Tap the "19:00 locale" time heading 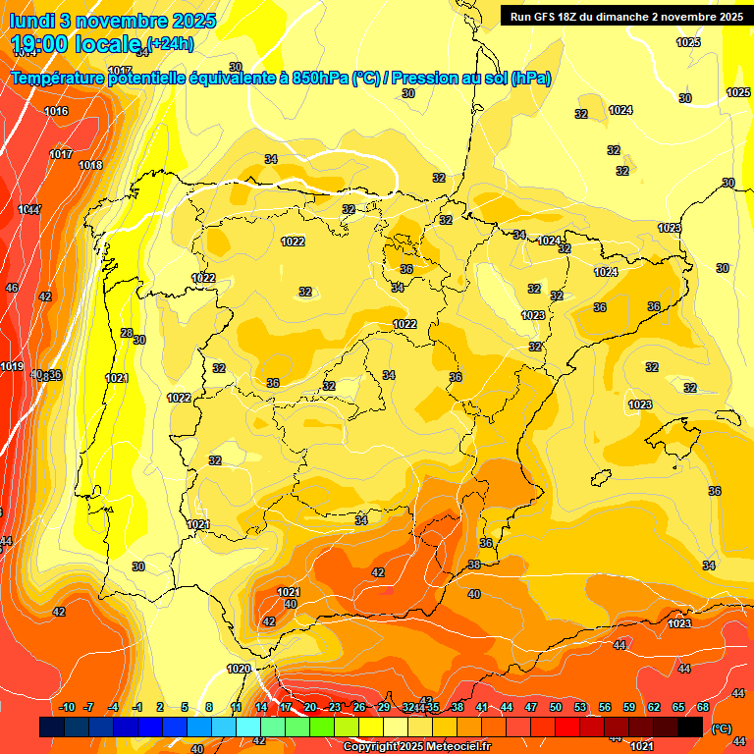tap(76, 43)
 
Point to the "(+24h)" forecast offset tap(170, 42)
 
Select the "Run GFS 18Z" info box tap(625, 16)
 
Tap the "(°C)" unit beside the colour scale tap(722, 728)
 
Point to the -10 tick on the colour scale tap(68, 708)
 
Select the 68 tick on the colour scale tap(703, 708)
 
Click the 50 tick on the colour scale tap(556, 708)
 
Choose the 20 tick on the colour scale tap(310, 708)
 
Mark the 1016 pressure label tap(57, 111)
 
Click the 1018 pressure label tap(90, 165)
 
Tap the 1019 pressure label tap(12, 366)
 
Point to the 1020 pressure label tap(239, 669)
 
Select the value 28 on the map tap(126, 333)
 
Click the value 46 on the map tap(12, 288)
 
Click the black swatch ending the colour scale tap(690, 727)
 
